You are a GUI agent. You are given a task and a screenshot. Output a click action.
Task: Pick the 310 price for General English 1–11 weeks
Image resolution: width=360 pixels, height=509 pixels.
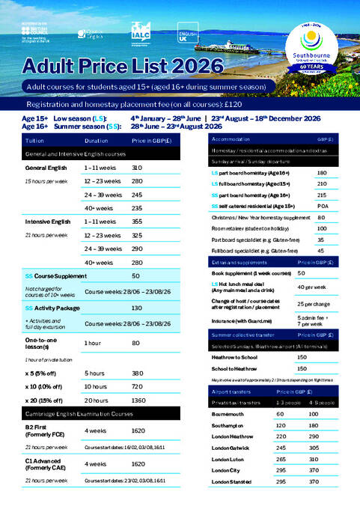tap(137, 168)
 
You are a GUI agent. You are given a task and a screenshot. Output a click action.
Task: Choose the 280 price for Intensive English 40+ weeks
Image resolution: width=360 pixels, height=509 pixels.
tap(137, 263)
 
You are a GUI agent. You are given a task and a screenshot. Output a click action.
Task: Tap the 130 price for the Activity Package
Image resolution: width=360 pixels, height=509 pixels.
tap(137, 308)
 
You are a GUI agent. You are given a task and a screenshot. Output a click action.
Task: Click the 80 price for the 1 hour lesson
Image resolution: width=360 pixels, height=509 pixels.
tap(136, 343)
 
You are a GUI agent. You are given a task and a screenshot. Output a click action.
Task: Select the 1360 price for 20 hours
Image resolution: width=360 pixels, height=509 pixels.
tap(138, 400)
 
